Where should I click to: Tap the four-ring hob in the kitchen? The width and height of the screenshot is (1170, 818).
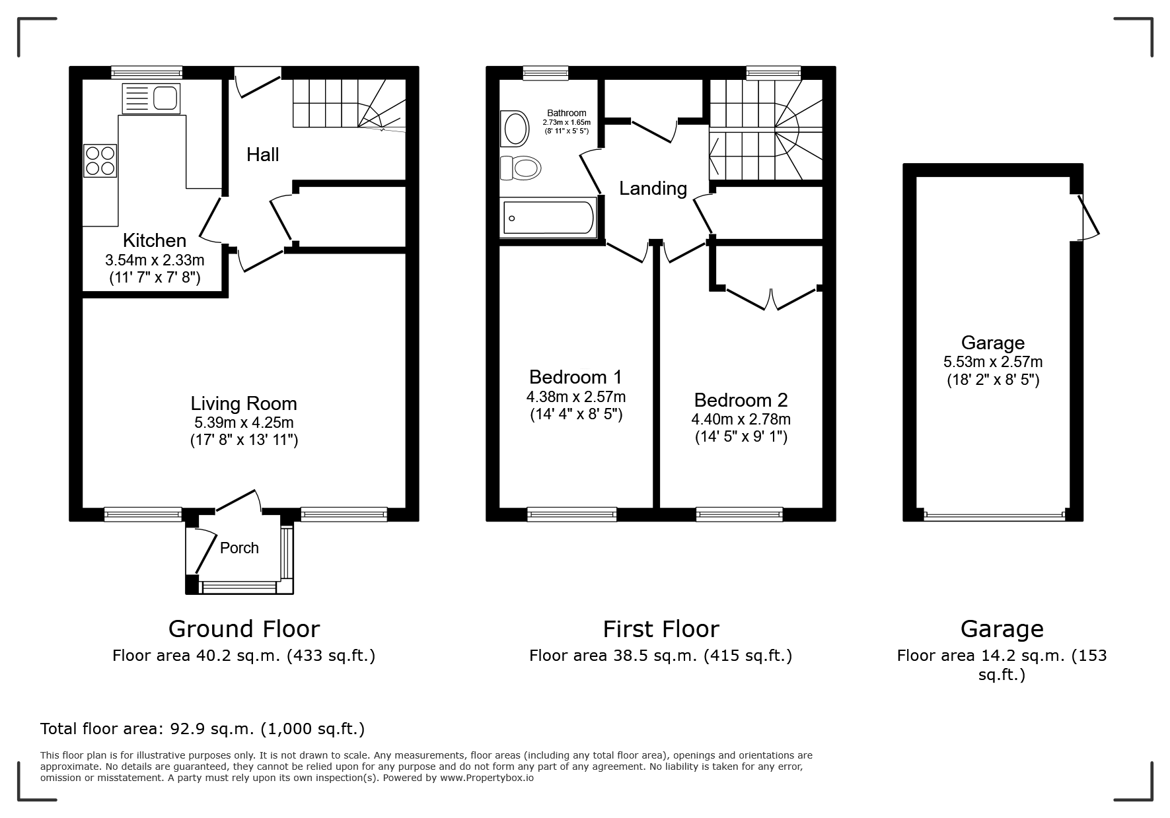(x=100, y=160)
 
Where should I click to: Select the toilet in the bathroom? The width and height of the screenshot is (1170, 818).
(x=520, y=167)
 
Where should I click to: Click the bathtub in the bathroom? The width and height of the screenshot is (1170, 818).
(x=548, y=218)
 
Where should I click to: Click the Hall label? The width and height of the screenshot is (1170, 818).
(x=263, y=154)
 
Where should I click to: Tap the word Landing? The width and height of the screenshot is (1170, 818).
(x=653, y=189)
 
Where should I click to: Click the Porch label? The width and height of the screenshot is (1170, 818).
(x=239, y=548)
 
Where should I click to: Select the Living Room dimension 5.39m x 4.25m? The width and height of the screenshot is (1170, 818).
(x=244, y=423)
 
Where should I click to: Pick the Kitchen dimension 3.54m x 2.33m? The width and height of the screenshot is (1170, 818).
(x=155, y=260)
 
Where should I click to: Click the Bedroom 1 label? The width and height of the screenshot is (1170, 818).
(x=575, y=377)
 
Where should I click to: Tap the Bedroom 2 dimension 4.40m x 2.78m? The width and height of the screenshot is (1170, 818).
(x=741, y=419)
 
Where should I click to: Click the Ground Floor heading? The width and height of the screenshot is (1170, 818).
(x=244, y=629)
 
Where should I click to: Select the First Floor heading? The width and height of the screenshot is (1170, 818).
(x=661, y=629)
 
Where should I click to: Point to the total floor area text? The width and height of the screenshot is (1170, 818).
(x=202, y=729)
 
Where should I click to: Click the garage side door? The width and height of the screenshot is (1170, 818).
(x=1089, y=216)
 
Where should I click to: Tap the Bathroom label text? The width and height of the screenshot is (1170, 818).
(x=566, y=113)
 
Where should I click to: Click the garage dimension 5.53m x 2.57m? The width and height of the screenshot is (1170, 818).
(x=993, y=362)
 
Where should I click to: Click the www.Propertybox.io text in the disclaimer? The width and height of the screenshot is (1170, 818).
(x=486, y=778)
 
